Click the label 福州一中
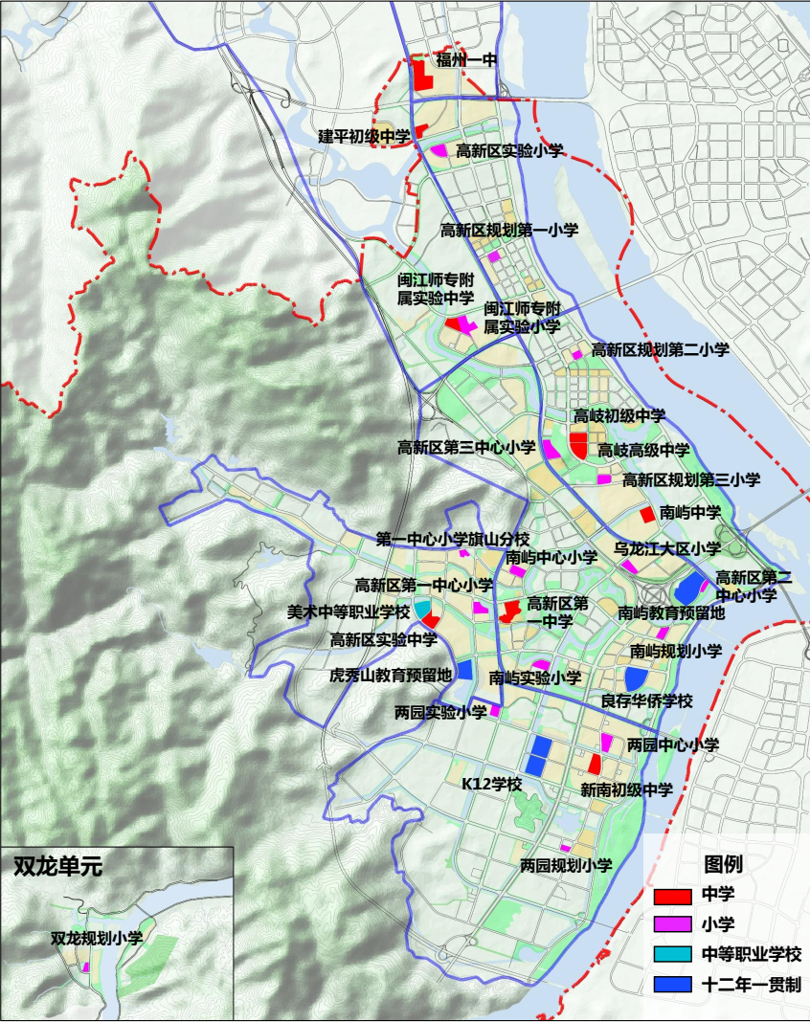pos(467,60)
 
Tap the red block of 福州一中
pos(421,77)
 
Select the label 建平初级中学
pos(364,137)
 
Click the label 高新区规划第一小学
pos(509,230)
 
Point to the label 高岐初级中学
pos(619,416)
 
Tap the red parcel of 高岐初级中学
pos(578,444)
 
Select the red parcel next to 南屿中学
pos(647,514)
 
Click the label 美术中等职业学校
pos(349,611)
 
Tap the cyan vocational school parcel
pos(421,609)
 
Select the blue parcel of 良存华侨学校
pos(636,678)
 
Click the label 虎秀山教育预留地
pos(391,675)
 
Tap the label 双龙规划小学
pos(97,939)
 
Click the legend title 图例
pos(723,864)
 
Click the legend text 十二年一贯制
pos(751,984)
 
